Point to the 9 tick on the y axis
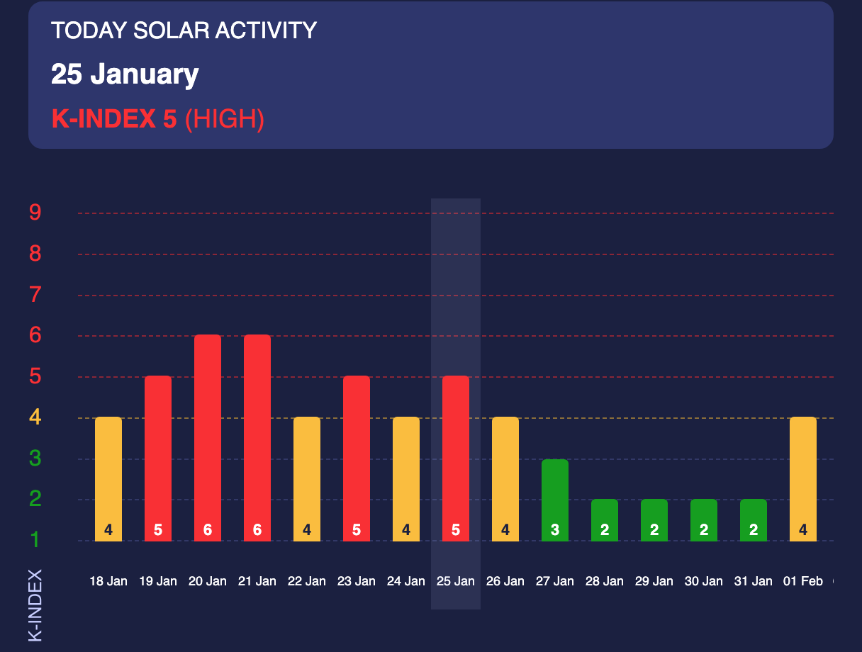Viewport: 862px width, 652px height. [35, 213]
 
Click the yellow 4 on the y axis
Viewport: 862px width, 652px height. [35, 418]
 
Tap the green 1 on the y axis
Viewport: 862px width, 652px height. [35, 541]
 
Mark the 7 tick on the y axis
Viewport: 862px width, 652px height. [35, 295]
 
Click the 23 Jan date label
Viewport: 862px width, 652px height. [357, 582]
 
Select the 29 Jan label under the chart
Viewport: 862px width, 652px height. [654, 582]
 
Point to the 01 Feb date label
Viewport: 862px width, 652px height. [803, 582]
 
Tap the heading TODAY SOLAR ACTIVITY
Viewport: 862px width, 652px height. [184, 30]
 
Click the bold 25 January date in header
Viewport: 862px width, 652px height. [125, 74]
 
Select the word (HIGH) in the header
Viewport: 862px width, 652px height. [224, 119]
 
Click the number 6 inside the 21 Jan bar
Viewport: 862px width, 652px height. [257, 529]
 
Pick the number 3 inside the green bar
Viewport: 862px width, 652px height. [555, 529]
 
